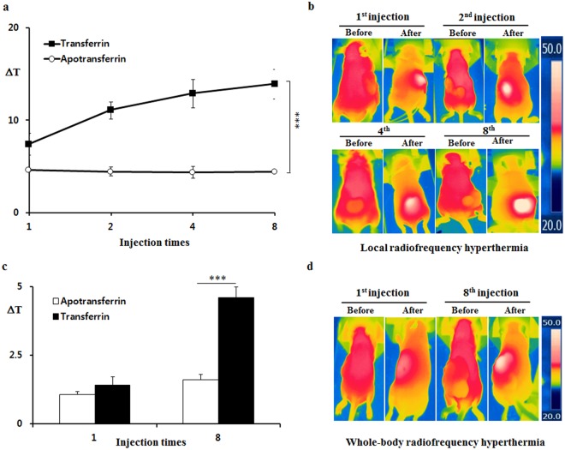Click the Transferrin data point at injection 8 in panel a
[273, 83]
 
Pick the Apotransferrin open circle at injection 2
[110, 171]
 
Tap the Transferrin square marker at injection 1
[29, 144]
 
